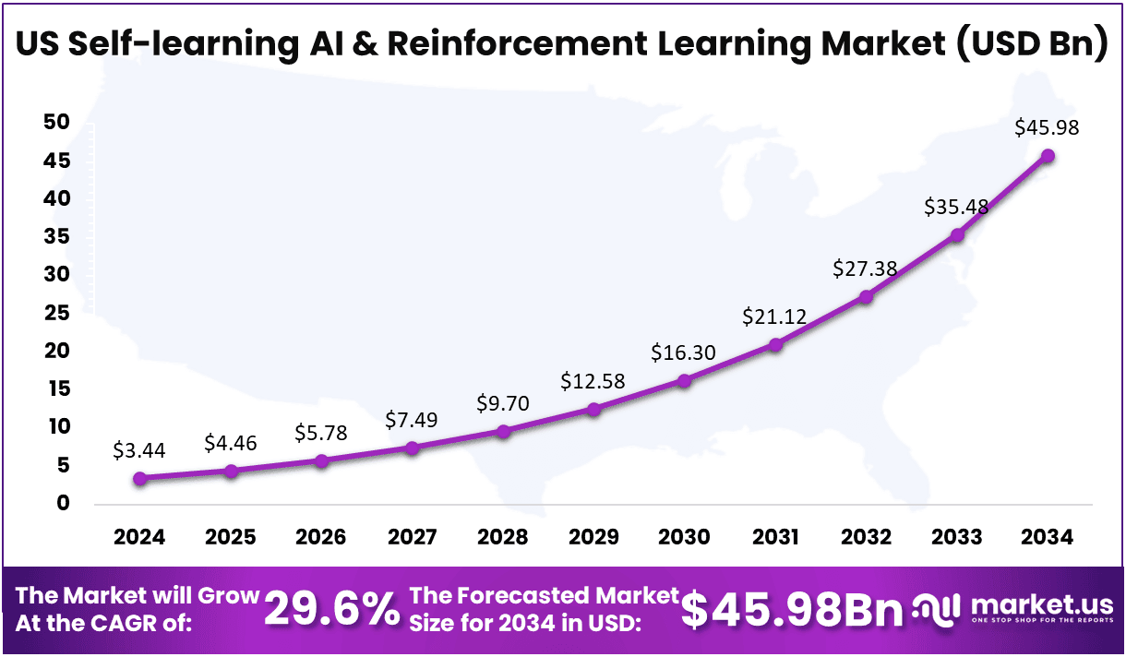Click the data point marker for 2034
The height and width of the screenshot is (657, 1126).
[x=1048, y=156]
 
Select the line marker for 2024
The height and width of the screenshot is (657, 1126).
[x=139, y=478]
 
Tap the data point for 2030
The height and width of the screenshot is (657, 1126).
[x=684, y=380]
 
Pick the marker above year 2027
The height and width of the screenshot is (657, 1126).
[x=412, y=448]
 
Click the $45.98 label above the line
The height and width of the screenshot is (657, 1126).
[x=1047, y=128]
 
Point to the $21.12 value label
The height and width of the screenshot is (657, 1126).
[x=774, y=317]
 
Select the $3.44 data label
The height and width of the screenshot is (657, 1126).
[x=138, y=451]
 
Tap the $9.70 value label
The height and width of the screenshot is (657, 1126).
[x=502, y=403]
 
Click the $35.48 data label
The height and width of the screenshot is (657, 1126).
[x=956, y=207]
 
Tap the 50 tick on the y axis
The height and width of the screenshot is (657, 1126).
[x=57, y=124]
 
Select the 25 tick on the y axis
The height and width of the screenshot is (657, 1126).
[x=57, y=314]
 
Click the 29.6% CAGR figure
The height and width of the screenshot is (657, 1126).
[x=331, y=610]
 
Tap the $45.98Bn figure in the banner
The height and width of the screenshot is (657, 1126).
[x=792, y=610]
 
